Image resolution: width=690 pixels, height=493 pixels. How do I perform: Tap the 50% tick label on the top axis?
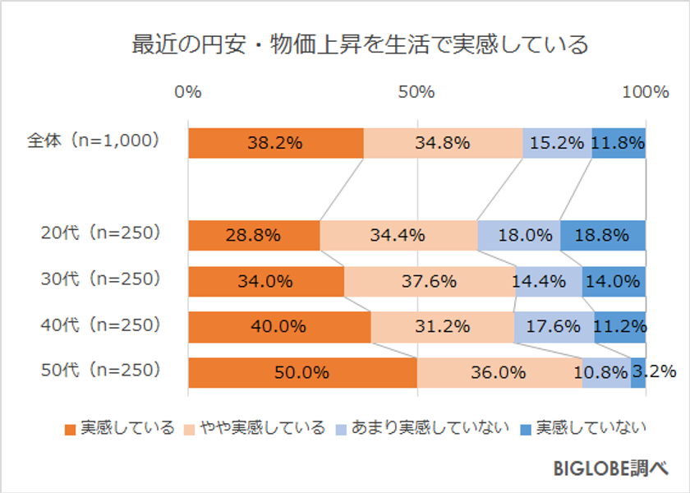[x=416, y=92]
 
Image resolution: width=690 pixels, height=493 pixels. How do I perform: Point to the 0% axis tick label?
[x=188, y=92]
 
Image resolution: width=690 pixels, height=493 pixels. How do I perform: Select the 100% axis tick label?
[x=645, y=92]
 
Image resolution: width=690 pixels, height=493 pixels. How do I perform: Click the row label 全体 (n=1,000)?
[x=93, y=141]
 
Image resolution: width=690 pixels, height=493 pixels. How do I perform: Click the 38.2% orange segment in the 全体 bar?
[x=275, y=143]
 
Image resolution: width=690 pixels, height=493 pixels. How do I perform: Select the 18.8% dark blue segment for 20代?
[x=603, y=235]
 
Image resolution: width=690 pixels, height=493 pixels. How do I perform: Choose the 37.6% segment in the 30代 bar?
[x=429, y=281]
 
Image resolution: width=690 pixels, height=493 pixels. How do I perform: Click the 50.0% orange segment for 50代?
[x=301, y=372]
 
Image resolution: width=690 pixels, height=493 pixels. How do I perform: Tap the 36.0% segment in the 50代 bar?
[x=499, y=372]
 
